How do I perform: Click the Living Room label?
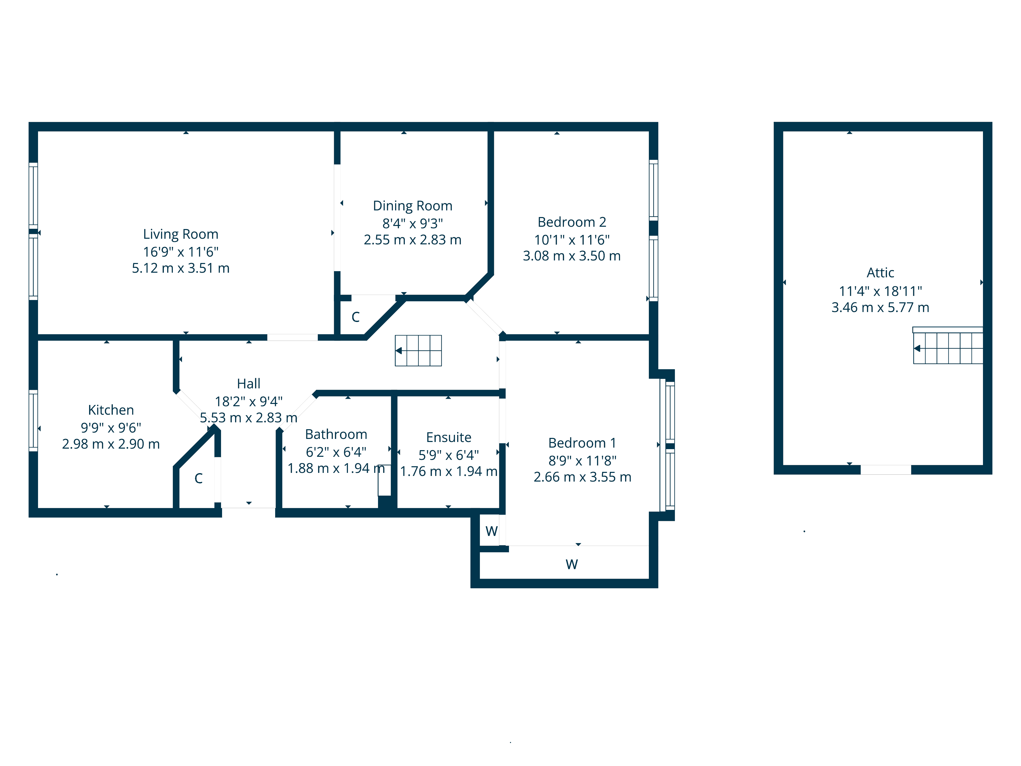[180, 234]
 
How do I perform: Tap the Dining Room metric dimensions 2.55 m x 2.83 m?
[412, 240]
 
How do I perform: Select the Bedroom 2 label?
[572, 222]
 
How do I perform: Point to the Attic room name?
[880, 273]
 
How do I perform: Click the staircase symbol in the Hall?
[418, 351]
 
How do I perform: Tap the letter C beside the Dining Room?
[355, 317]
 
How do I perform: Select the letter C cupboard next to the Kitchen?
[199, 478]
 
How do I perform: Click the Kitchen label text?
[111, 410]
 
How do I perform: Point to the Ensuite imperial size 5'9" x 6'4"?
[448, 455]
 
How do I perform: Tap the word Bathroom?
[336, 435]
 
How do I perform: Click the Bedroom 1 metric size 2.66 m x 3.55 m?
[582, 477]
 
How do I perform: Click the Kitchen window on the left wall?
[33, 421]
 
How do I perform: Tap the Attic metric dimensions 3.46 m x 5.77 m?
[880, 307]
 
